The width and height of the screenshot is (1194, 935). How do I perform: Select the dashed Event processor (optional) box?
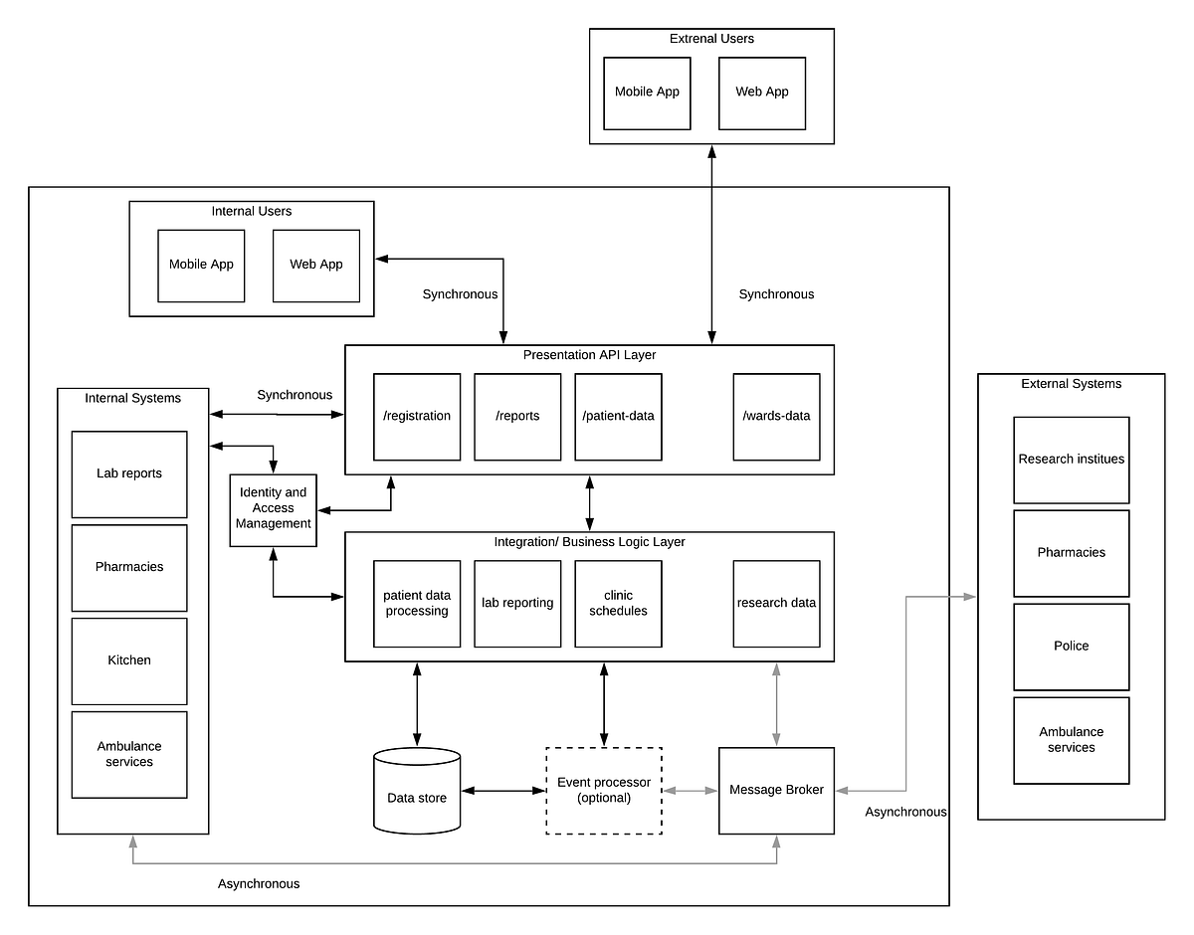603,790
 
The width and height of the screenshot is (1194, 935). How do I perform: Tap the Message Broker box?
776,790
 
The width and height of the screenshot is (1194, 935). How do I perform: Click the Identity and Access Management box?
273,509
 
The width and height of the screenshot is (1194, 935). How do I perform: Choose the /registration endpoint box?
417,417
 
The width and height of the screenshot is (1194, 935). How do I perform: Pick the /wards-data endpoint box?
776,417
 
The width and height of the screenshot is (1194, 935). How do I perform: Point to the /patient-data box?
618,417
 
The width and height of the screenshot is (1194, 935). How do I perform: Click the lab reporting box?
517,604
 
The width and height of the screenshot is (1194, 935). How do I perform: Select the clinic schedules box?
618,604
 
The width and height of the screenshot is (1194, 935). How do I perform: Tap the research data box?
776,604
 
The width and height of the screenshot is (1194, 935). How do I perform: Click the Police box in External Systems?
1071,647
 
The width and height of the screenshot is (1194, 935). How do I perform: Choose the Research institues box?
1071,460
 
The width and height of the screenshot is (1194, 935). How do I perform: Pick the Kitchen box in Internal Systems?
129,661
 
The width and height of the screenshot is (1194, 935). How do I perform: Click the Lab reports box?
129,474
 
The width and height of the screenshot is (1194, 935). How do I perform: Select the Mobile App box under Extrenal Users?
647,93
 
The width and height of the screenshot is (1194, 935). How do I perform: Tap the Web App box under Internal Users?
316,266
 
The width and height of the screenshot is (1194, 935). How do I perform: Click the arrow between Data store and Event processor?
503,791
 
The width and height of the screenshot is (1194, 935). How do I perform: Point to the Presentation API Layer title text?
589,355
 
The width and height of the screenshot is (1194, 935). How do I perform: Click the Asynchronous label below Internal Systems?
259,883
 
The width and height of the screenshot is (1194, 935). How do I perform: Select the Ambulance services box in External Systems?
1071,740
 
